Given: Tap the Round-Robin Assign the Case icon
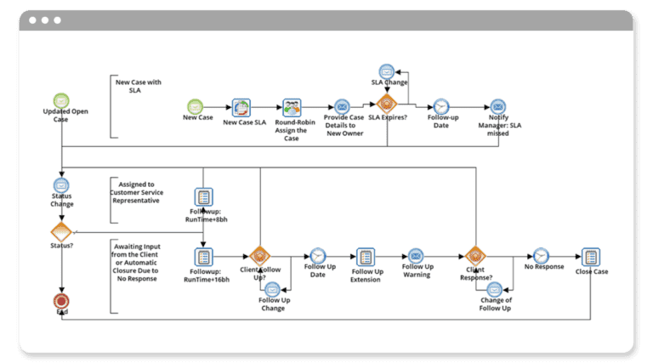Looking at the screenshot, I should click(x=292, y=107).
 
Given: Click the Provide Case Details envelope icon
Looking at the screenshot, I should click(x=342, y=107).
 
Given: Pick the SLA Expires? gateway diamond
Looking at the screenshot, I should click(x=387, y=105).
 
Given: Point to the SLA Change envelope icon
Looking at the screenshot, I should click(x=387, y=71).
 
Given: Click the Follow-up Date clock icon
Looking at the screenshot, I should click(x=441, y=106).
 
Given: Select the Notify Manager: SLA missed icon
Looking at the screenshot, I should click(x=498, y=106).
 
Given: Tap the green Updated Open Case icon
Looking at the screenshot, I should click(x=61, y=100).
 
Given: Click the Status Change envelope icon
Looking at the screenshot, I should click(x=61, y=185).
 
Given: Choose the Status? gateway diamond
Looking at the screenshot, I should click(x=61, y=232).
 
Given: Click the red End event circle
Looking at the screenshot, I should click(x=61, y=300).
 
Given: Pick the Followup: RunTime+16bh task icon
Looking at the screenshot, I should click(x=204, y=256).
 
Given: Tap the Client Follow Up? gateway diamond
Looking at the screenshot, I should click(x=259, y=256).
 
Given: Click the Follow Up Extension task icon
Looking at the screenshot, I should click(x=366, y=256).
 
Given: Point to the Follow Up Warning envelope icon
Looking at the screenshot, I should click(x=416, y=255).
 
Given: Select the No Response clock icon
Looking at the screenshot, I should click(x=541, y=255).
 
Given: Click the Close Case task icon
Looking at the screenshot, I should click(x=591, y=256).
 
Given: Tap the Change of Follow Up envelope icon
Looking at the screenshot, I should click(x=495, y=288).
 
